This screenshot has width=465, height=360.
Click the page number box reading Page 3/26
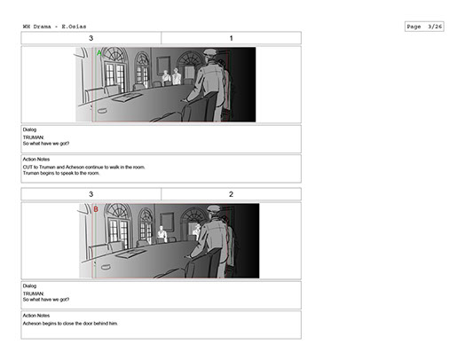click(424, 27)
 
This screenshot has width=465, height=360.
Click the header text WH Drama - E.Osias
click(54, 27)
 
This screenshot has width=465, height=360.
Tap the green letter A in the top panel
click(99, 53)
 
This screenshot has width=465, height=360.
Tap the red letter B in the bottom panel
click(96, 209)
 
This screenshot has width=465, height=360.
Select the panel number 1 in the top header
click(232, 38)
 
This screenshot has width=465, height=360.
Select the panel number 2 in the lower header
click(232, 194)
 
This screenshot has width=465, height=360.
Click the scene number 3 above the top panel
click(91, 38)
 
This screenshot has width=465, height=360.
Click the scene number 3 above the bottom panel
click(91, 194)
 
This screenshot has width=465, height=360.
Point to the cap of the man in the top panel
click(210, 52)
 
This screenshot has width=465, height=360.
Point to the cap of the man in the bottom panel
click(214, 208)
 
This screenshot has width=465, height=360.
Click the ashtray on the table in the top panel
click(102, 111)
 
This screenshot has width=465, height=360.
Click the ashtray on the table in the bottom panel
click(106, 267)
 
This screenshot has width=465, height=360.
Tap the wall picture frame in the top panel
click(163, 66)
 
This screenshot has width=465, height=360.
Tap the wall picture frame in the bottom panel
click(167, 222)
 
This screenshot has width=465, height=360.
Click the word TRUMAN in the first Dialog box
click(33, 137)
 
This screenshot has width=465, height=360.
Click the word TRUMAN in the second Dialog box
click(33, 293)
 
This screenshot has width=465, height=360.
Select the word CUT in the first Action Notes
click(28, 167)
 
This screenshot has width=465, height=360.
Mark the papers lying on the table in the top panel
click(127, 97)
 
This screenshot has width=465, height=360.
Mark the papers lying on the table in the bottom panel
click(130, 254)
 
